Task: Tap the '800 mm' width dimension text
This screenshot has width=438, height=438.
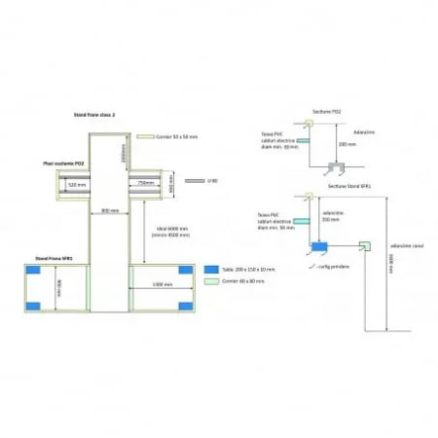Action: [x=109, y=210]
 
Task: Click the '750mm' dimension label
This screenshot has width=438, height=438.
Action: [x=148, y=182]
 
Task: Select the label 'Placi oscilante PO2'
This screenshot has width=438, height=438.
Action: [x=64, y=164]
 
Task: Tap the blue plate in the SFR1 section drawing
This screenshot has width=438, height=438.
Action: [x=316, y=246]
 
